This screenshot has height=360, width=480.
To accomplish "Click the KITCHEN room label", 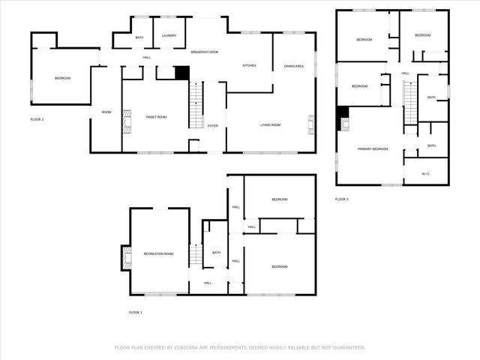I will point(249,66).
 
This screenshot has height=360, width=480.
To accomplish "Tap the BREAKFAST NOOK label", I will point(204,52).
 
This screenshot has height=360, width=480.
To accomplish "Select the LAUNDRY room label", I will point(169,36).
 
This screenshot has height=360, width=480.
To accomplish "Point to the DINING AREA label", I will point(294,67).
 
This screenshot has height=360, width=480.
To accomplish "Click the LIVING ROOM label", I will point(270,125).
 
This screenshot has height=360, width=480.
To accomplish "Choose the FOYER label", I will point(213,126).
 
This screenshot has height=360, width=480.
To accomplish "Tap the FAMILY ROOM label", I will point(156,117).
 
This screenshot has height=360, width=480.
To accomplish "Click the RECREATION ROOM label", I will point(158,254).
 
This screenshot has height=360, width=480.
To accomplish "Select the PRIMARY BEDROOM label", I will point(373,149).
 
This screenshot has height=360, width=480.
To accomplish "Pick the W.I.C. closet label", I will point(425,174).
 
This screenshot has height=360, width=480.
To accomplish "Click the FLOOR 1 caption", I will point(136,312).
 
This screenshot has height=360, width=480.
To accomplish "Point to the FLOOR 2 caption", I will point(37,119).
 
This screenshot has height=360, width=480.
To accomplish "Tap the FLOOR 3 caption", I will point(341,199).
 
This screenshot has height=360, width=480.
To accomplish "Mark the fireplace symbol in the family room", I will point(127,121).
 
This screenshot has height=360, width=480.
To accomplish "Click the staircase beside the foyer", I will point(196,106).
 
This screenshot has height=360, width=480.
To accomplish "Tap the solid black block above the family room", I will point(181,73).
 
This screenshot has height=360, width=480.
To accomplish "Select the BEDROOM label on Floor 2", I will point(62,78).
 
